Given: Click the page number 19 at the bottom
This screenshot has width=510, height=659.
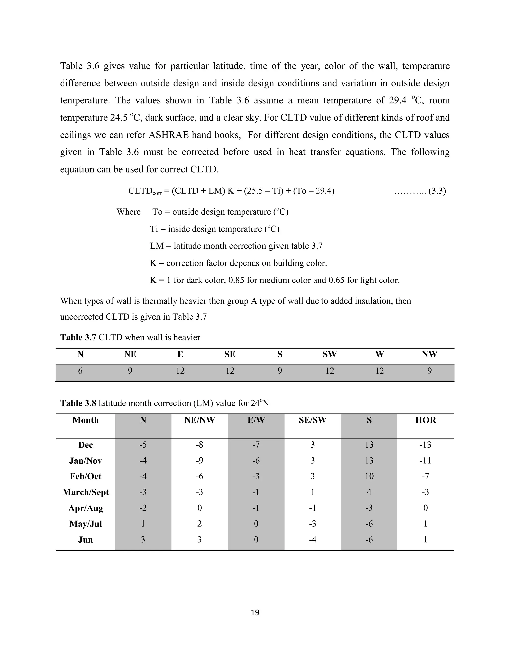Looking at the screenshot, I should pyautogui.click(x=255, y=612).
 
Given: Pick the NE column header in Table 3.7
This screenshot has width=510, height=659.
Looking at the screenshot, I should pyautogui.click(x=130, y=354).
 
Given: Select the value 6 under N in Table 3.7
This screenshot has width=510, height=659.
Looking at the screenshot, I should pyautogui.click(x=80, y=371).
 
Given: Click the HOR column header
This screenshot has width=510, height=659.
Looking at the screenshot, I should pyautogui.click(x=425, y=420).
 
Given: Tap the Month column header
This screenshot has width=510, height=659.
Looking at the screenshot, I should pyautogui.click(x=85, y=420).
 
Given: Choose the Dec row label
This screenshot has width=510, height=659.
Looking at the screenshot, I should pyautogui.click(x=85, y=445).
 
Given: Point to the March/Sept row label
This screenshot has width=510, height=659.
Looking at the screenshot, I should pyautogui.click(x=85, y=492).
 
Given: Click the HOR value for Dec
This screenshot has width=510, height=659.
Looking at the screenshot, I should pyautogui.click(x=425, y=445).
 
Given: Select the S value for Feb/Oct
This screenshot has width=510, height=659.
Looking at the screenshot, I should pyautogui.click(x=369, y=476).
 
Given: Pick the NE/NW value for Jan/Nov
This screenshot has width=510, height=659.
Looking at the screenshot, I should pyautogui.click(x=199, y=461).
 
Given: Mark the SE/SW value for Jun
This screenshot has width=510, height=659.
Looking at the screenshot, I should pyautogui.click(x=313, y=540).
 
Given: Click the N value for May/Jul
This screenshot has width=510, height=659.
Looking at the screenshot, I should pyautogui.click(x=143, y=524).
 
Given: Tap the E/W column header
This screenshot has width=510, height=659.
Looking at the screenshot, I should pyautogui.click(x=256, y=420).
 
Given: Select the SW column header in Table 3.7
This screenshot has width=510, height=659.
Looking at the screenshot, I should pyautogui.click(x=330, y=354).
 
